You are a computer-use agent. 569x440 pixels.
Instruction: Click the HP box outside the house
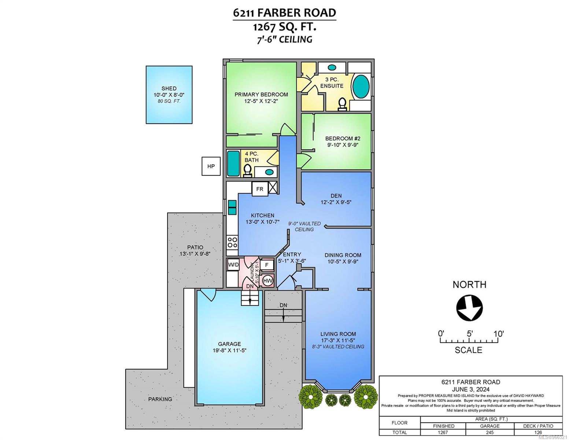211,166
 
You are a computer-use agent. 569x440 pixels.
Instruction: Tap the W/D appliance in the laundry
233,265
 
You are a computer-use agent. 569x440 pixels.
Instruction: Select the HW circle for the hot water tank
267,281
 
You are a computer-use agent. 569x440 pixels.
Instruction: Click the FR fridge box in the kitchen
260,189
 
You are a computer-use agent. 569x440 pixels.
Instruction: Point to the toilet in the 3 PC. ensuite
342,104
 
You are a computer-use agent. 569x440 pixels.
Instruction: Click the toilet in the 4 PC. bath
247,171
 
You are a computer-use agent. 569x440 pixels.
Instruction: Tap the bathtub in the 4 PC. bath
233,164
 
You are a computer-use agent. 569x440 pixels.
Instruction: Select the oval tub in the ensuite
361,86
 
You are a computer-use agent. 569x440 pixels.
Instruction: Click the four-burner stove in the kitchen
232,243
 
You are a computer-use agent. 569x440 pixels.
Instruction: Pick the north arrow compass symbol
469,308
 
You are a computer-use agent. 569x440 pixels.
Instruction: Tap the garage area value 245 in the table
489,432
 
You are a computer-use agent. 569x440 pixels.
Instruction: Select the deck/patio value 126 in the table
538,432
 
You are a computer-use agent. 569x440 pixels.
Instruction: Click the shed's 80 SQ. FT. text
169,101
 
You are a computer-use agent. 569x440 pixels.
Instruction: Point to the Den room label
336,196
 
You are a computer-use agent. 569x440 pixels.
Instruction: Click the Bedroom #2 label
343,138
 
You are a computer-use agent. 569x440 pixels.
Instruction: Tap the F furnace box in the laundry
267,265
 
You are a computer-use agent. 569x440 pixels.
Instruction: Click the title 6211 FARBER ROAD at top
284,13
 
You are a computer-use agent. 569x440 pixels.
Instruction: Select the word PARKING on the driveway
160,399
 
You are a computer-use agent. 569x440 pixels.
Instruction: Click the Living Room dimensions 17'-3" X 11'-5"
338,340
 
